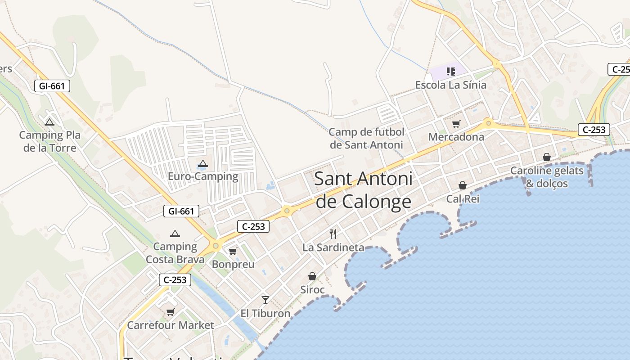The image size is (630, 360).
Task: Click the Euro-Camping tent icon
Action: pyautogui.click(x=203, y=164)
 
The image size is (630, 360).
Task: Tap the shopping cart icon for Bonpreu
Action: pyautogui.click(x=233, y=251)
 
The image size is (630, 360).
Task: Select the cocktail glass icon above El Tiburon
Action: pyautogui.click(x=265, y=300)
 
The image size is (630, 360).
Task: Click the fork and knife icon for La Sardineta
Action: pyautogui.click(x=333, y=234)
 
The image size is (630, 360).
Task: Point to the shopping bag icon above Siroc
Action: pyautogui.click(x=312, y=276)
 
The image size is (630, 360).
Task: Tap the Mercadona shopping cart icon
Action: pyautogui.click(x=456, y=124)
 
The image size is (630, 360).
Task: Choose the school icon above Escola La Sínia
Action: pyautogui.click(x=451, y=71)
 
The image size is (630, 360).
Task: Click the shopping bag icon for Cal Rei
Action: pyautogui.click(x=463, y=185)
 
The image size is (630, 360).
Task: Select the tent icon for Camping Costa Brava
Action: pyautogui.click(x=175, y=234)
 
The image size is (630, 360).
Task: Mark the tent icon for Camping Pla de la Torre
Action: pyautogui.click(x=49, y=122)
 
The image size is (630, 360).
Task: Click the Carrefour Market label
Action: pyautogui.click(x=171, y=325)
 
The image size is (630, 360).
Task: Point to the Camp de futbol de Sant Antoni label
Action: pyautogui.click(x=366, y=138)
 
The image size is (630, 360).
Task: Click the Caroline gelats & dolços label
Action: pyautogui.click(x=547, y=177)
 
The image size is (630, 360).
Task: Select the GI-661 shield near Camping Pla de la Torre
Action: pyautogui.click(x=52, y=85)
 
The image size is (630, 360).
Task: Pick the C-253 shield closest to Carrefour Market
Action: pyautogui.click(x=175, y=280)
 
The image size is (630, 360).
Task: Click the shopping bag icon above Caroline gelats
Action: pyautogui.click(x=547, y=157)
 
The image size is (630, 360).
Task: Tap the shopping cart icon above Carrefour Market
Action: pyautogui.click(x=170, y=312)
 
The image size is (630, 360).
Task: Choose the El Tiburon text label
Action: pyautogui.click(x=265, y=313)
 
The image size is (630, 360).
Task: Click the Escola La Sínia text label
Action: pyautogui.click(x=450, y=85)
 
